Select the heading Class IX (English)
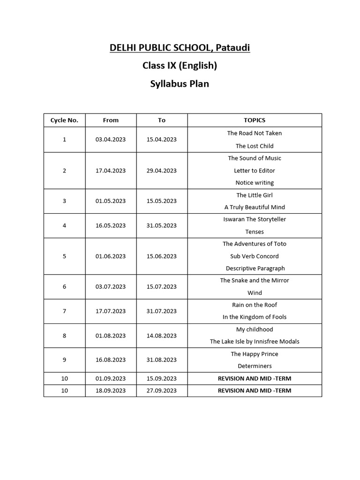(x=180, y=66)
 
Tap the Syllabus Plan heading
(x=180, y=84)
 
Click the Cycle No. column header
(x=64, y=120)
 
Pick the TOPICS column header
(x=255, y=120)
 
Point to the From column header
(x=111, y=120)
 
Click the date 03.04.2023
(x=111, y=140)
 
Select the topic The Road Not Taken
(x=255, y=133)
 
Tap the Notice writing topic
(x=255, y=183)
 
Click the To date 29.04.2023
(x=162, y=171)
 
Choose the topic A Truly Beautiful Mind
(x=255, y=207)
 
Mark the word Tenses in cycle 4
(x=255, y=232)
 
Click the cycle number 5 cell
(x=64, y=256)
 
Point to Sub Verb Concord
(x=255, y=256)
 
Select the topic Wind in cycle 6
(x=255, y=292)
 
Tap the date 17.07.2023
(x=111, y=311)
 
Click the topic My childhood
(x=255, y=330)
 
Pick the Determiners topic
(x=255, y=366)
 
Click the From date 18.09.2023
(x=111, y=390)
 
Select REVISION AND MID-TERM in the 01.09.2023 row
(x=255, y=378)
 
